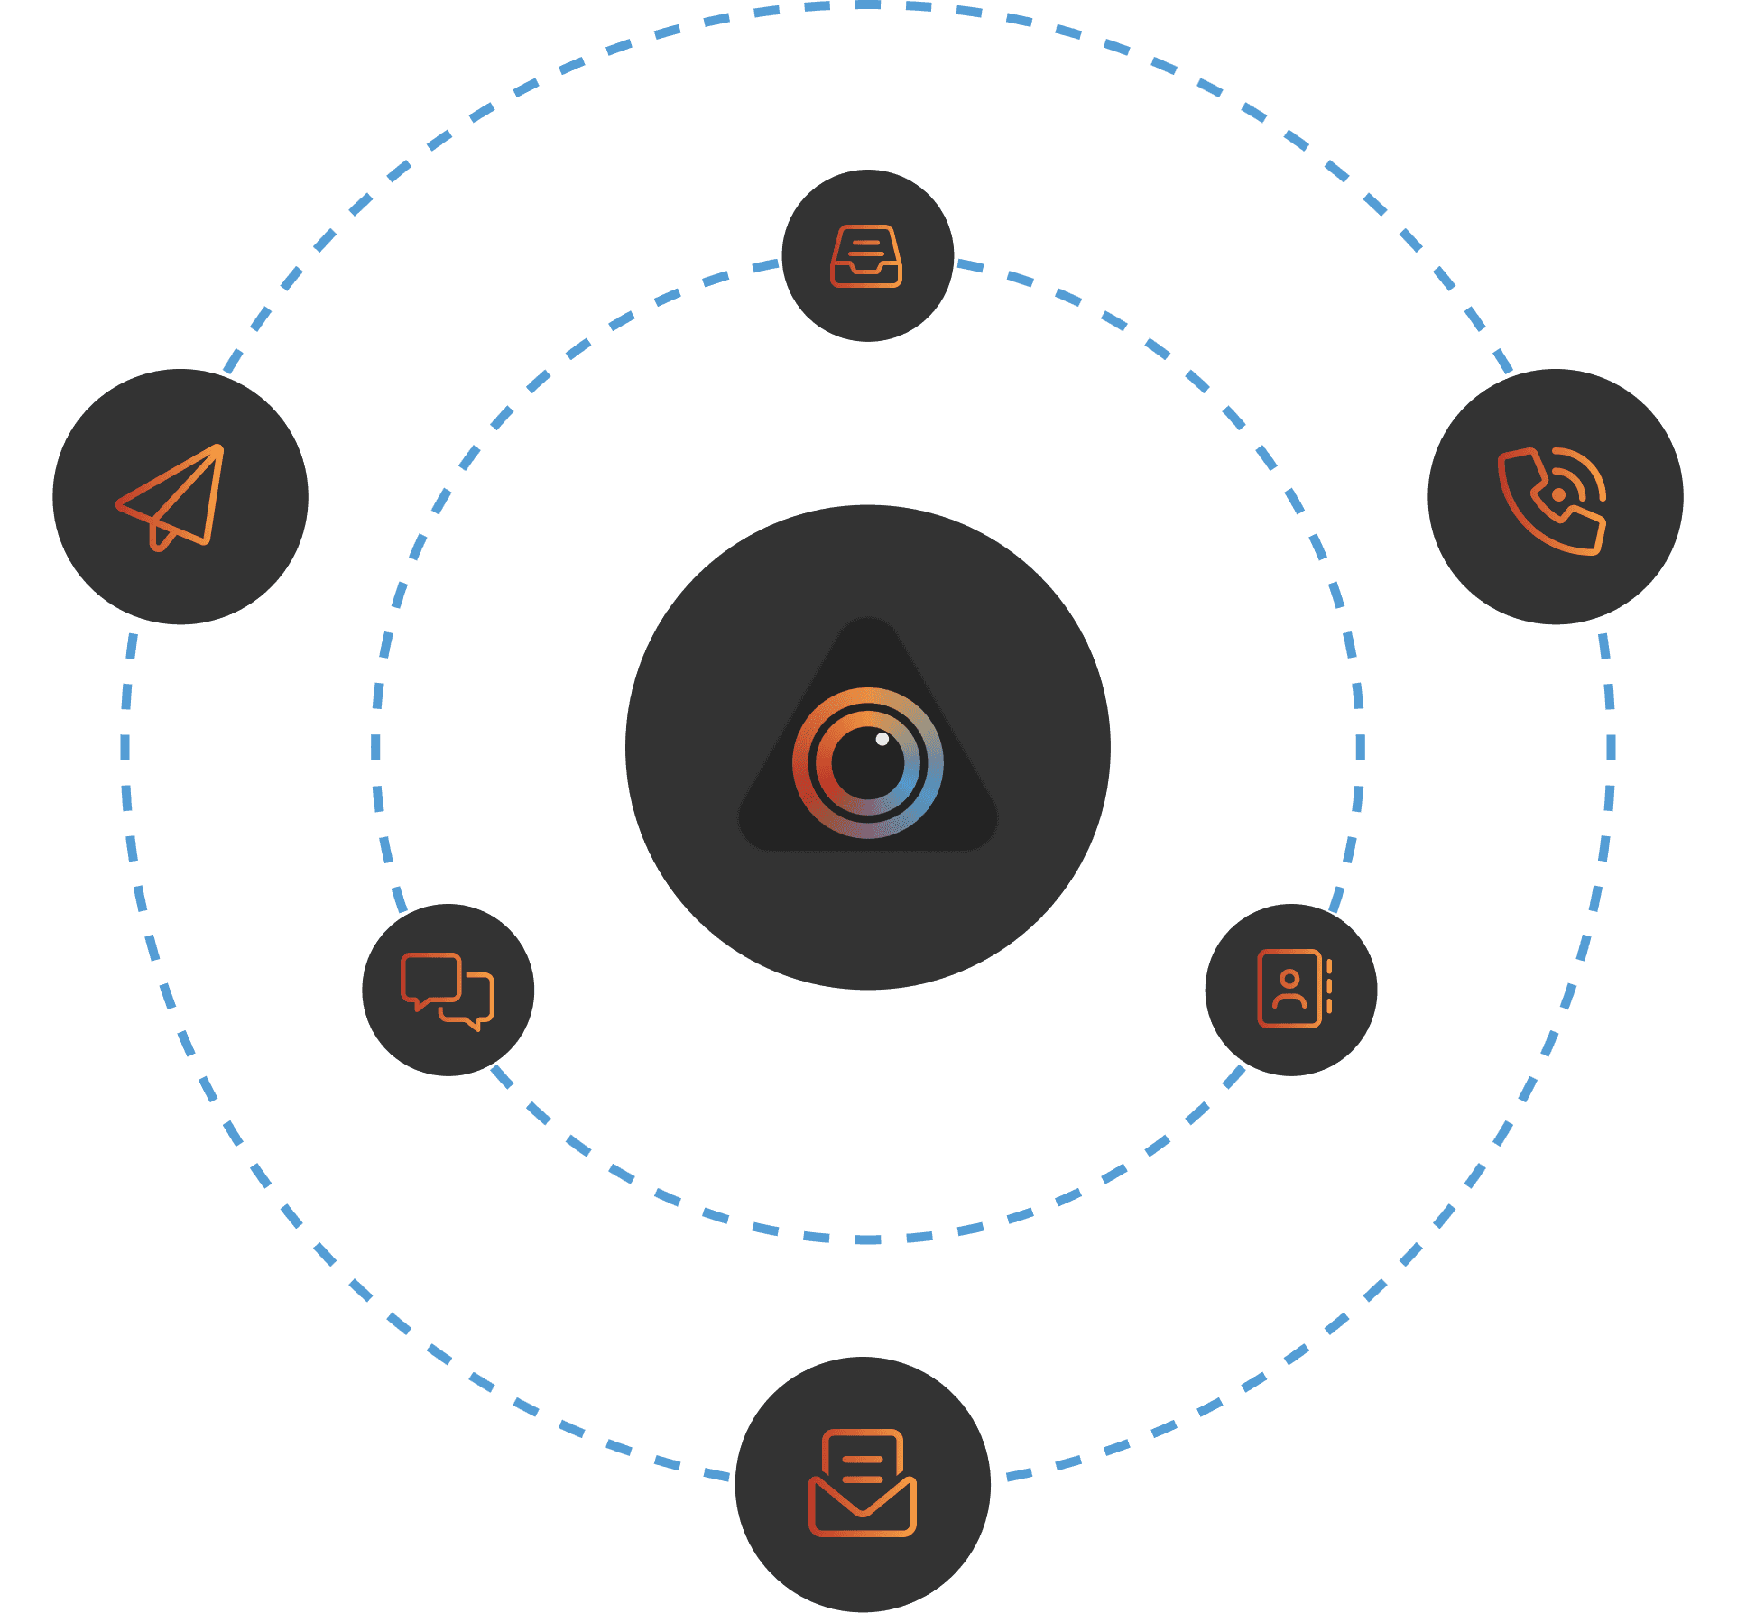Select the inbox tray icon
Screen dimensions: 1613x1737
866,256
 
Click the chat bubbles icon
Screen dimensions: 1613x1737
448,991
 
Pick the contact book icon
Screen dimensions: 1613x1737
1292,989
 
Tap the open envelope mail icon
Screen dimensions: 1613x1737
863,1483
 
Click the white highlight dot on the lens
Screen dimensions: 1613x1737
882,739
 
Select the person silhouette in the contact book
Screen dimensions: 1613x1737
1289,990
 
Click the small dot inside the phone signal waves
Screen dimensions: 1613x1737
1558,494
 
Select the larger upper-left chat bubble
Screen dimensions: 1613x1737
430,977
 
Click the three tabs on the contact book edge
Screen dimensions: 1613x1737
1329,989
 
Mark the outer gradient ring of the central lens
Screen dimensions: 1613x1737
935,763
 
